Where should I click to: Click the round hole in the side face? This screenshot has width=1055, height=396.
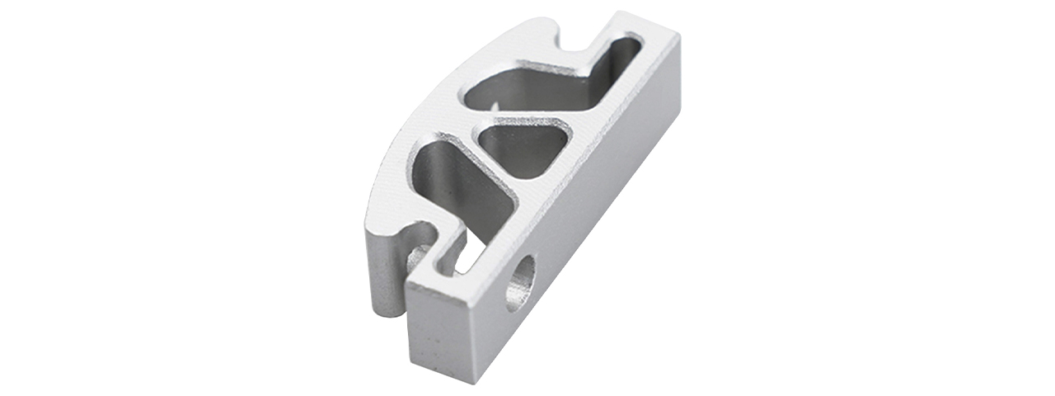pos(520,283)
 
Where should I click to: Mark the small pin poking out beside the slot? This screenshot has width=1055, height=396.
pos(417,257)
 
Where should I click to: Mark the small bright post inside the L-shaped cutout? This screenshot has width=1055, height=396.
pos(495,107)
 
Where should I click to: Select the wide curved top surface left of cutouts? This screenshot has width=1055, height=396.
pos(420,124)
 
